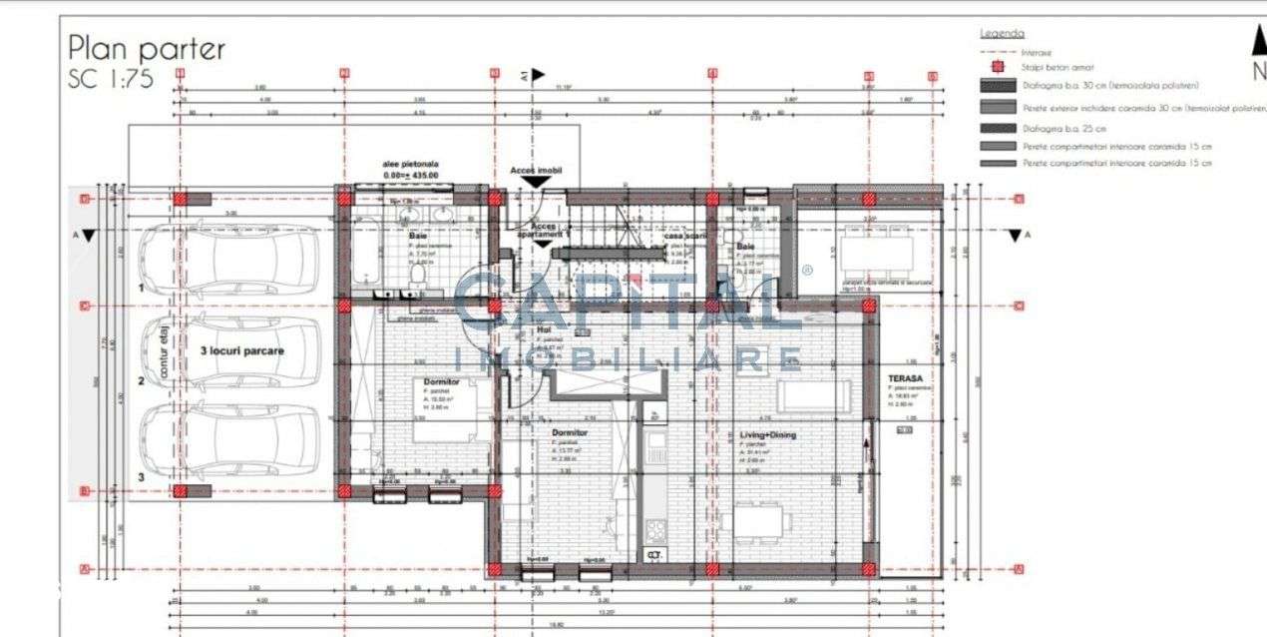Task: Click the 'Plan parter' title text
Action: [x=146, y=47]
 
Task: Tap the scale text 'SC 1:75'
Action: [x=111, y=80]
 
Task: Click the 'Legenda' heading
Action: [x=1002, y=33]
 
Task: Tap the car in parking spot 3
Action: [x=228, y=439]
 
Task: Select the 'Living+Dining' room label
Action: [x=768, y=435]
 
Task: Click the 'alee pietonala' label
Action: [x=410, y=164]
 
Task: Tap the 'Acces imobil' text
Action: [x=536, y=171]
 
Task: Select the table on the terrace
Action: [x=876, y=254]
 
